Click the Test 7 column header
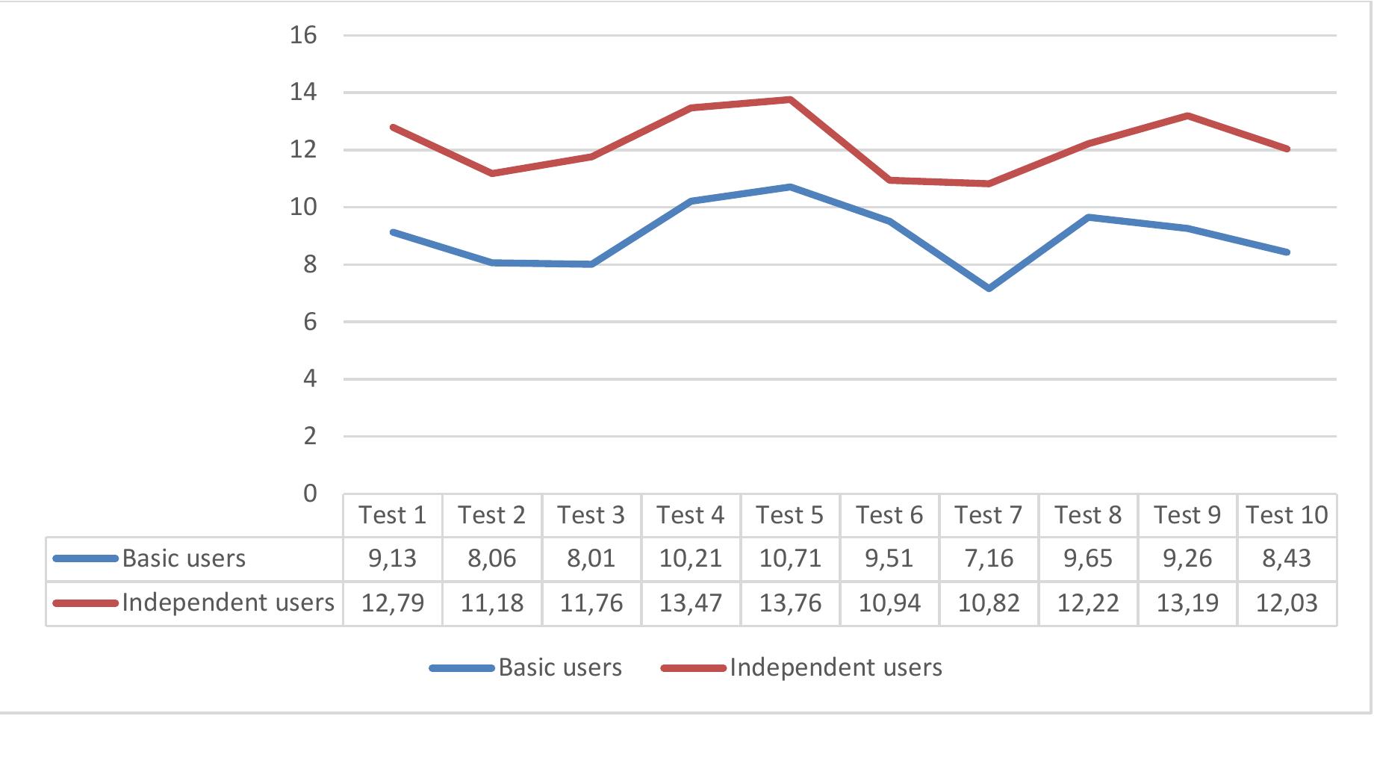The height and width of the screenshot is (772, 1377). pyautogui.click(x=988, y=515)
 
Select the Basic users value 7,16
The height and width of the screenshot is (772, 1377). pyautogui.click(x=988, y=558)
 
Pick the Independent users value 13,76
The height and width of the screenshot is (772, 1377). pyautogui.click(x=790, y=603)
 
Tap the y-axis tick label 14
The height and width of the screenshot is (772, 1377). pyautogui.click(x=303, y=93)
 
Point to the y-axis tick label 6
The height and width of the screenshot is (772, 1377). pyautogui.click(x=309, y=322)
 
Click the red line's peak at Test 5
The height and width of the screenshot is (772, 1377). pyautogui.click(x=790, y=99)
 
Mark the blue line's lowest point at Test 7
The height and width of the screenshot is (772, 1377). pyautogui.click(x=989, y=288)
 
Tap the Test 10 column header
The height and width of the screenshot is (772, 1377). pyautogui.click(x=1287, y=515)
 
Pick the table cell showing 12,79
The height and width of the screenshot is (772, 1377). pyautogui.click(x=393, y=603)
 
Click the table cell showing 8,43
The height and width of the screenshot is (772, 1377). pyautogui.click(x=1287, y=558)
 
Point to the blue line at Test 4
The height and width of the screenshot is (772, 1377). pyautogui.click(x=691, y=202)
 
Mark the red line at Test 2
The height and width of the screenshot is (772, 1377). pyautogui.click(x=492, y=173)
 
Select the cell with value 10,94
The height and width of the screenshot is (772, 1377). pyautogui.click(x=889, y=603)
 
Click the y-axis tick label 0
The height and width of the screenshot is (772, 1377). pyautogui.click(x=309, y=494)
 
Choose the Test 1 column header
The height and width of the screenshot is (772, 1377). pyautogui.click(x=393, y=515)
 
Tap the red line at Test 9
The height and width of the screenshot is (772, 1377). pyautogui.click(x=1187, y=116)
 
